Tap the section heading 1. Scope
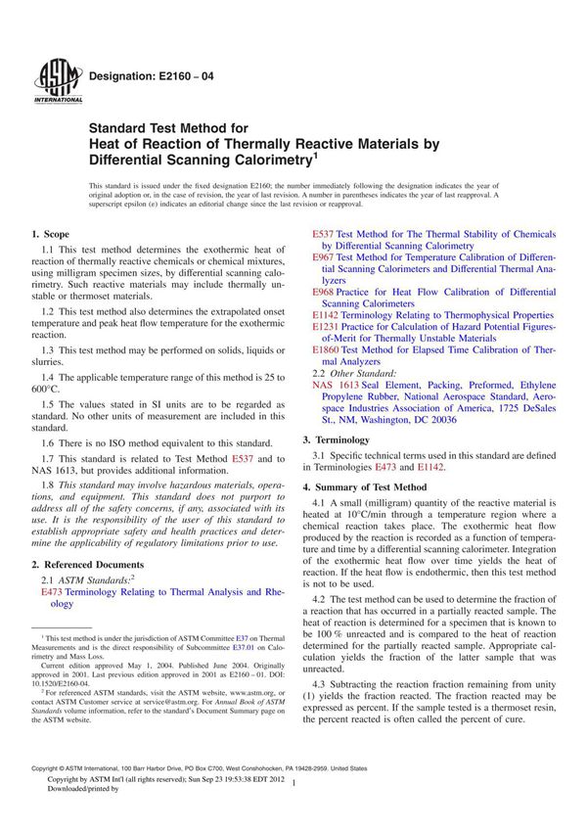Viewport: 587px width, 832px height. [50, 234]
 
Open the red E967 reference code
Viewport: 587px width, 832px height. [323, 256]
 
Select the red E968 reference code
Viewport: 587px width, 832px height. [323, 292]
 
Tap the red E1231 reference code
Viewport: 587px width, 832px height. [326, 327]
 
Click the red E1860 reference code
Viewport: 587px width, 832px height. [326, 349]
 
